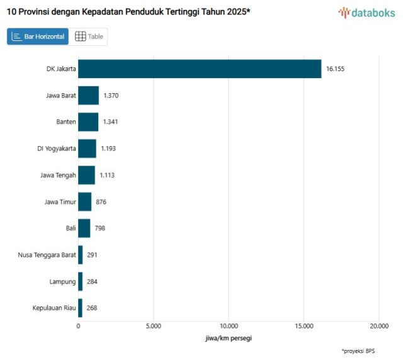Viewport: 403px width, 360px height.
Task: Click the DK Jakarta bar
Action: (199, 69)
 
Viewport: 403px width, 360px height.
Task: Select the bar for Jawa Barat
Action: (88, 95)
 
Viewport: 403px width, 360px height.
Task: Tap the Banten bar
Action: (88, 121)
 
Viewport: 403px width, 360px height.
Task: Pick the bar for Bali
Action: (84, 228)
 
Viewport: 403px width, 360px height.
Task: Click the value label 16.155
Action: (335, 69)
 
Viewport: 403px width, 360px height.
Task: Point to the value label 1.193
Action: (108, 149)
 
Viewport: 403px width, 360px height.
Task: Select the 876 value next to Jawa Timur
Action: (101, 201)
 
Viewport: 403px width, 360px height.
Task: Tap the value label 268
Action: (92, 308)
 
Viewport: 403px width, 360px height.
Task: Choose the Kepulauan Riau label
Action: (54, 308)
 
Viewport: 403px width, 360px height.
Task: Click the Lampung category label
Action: (63, 281)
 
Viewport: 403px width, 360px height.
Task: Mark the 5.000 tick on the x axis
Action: (153, 326)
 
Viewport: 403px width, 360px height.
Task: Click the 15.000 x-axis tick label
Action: (304, 326)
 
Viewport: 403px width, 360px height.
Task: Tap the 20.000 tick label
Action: (378, 326)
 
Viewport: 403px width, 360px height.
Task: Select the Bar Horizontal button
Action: (38, 37)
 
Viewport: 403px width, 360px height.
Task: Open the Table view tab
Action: (89, 37)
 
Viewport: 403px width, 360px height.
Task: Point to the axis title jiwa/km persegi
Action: (229, 339)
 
